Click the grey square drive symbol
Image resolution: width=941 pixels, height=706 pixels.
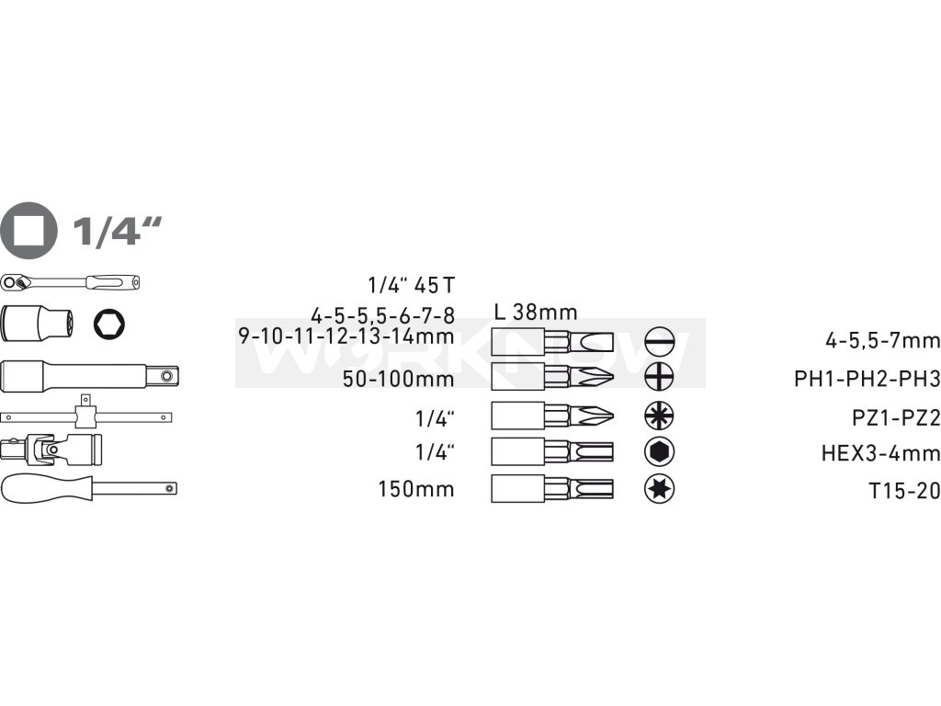(x=29, y=230)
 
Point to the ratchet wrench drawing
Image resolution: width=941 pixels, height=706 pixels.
(x=72, y=282)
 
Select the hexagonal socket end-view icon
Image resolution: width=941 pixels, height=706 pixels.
(x=111, y=324)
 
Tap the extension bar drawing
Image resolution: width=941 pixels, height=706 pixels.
(x=89, y=376)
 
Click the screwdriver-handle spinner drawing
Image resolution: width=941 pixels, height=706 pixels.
(x=88, y=488)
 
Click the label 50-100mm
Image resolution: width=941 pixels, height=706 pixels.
(x=398, y=379)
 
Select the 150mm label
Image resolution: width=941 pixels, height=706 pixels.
(x=415, y=489)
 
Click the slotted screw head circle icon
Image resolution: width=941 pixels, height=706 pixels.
(x=659, y=342)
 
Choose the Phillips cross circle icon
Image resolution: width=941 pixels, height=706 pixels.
(x=659, y=377)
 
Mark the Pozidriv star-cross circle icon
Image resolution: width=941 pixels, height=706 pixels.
(x=659, y=416)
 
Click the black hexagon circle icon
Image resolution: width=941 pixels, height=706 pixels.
(x=659, y=452)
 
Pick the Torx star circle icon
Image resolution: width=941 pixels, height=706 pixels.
(x=659, y=489)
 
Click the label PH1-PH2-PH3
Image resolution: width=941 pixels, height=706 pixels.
(x=867, y=379)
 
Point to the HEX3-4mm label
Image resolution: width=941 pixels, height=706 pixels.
(x=880, y=453)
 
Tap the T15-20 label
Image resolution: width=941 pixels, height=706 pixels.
(x=904, y=491)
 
